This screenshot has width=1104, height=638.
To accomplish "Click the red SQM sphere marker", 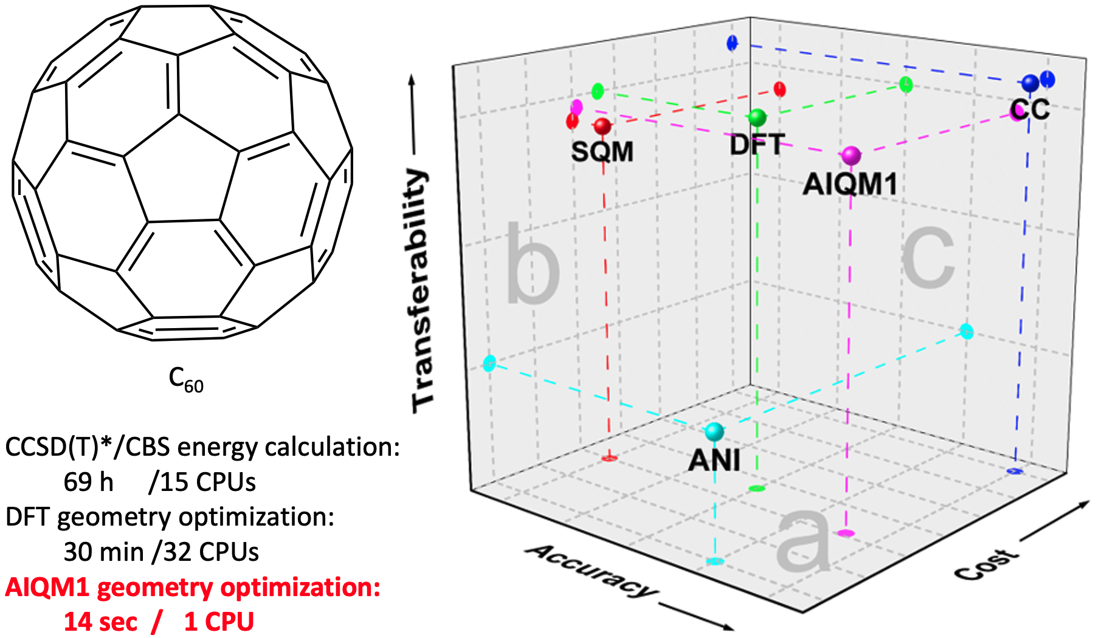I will tap(602, 126).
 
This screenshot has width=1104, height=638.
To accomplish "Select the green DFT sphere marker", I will tap(757, 117).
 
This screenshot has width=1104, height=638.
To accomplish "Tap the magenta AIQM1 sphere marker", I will tap(851, 155).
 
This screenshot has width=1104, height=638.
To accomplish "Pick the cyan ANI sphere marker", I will tap(714, 431).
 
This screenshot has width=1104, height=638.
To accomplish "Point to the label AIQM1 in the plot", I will tap(850, 184).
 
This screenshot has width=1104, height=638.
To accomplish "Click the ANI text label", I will tap(714, 460).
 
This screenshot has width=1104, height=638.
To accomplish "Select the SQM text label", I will tap(602, 151).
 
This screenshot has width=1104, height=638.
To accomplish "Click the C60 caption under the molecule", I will tap(185, 379).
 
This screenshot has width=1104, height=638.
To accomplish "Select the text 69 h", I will tap(89, 482).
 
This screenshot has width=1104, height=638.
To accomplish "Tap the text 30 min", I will tap(103, 552).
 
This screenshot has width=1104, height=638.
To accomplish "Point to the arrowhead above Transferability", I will tap(412, 80).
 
